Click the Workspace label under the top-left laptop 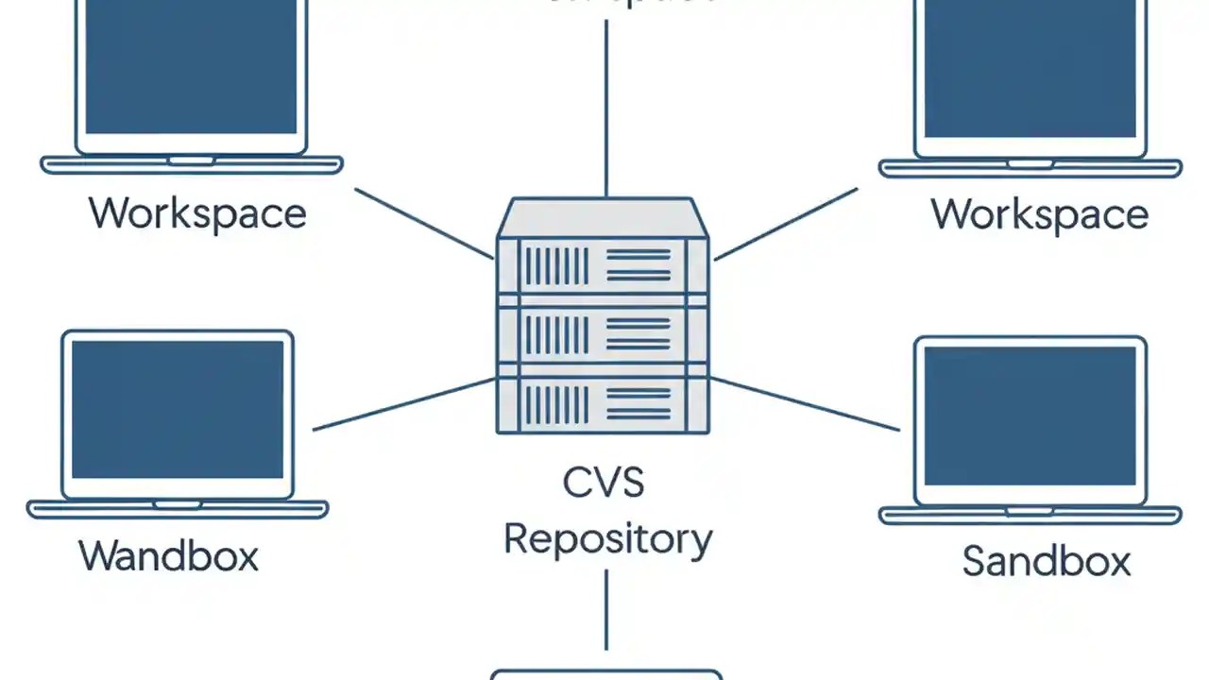197,213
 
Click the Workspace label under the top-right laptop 1039,215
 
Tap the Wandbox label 168,555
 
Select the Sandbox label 1046,561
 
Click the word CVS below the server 604,484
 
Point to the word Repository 607,540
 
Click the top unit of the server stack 603,264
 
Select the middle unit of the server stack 603,334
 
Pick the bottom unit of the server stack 603,402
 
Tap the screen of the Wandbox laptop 178,410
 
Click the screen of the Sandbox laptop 1030,416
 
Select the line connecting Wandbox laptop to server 404,404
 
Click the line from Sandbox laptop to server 804,404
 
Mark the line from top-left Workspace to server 423,223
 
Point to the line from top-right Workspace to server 785,223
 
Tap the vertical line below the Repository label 605,609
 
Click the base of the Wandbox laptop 178,510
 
